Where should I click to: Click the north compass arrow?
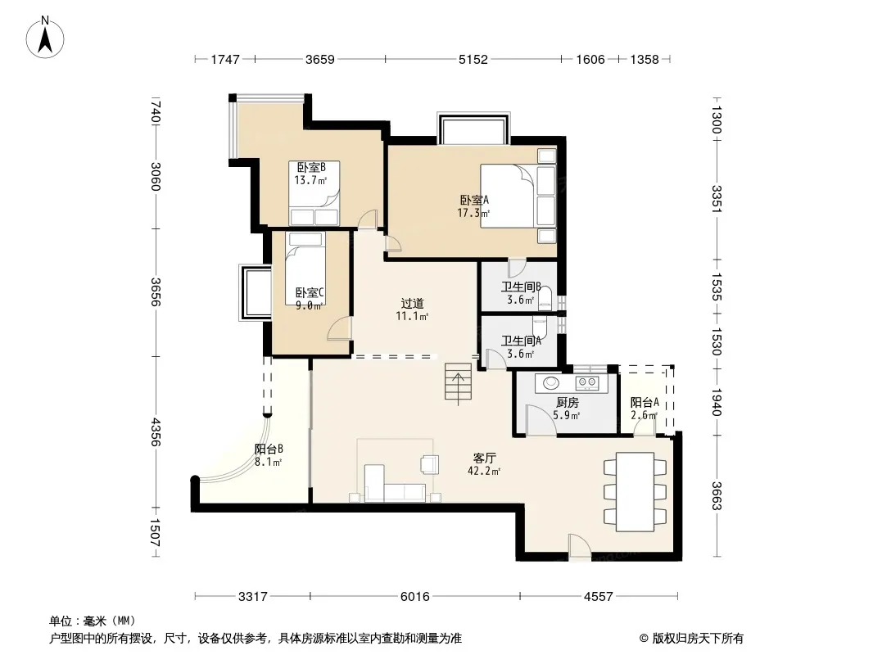point(45,39)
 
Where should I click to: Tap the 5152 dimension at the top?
point(473,59)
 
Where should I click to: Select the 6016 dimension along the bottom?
point(414,597)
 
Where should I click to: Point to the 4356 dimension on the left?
point(156,431)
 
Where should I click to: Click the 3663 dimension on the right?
point(717,495)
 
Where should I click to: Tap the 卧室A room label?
point(474,200)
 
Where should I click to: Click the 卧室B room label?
point(310,167)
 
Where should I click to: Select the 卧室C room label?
point(310,293)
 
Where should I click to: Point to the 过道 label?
point(413,303)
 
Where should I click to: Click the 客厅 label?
point(484,458)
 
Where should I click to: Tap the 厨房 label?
point(567,402)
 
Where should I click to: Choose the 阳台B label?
point(269,449)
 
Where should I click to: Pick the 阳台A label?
point(645,402)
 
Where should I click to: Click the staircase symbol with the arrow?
point(459,382)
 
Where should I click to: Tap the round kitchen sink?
point(551,383)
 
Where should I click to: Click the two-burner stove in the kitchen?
point(587,382)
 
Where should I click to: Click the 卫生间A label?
point(521,341)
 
